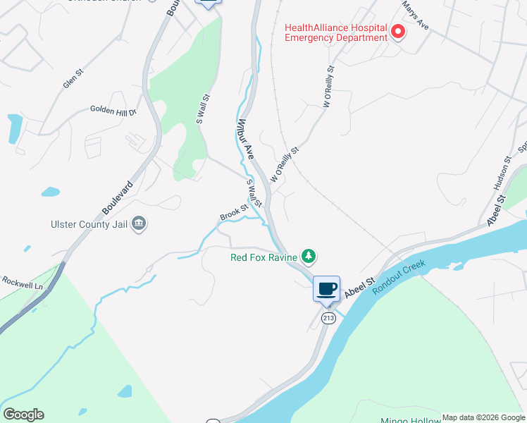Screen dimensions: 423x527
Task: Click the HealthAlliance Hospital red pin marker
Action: tap(398, 32)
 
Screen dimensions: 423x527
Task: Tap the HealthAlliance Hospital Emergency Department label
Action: tap(336, 32)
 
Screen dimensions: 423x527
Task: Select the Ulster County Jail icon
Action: tap(139, 224)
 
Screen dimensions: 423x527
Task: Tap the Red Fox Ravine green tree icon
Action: tap(307, 255)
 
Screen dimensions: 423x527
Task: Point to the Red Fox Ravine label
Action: tap(263, 257)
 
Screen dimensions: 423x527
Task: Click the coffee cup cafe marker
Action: tap(326, 289)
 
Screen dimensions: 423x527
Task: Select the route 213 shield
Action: tap(328, 319)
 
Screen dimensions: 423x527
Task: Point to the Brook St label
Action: tap(234, 211)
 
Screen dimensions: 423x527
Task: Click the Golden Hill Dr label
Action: tap(113, 110)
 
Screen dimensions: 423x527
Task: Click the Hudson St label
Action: tap(500, 173)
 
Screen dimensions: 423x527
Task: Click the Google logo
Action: tap(23, 415)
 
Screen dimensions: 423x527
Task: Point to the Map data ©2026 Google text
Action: tap(483, 417)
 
